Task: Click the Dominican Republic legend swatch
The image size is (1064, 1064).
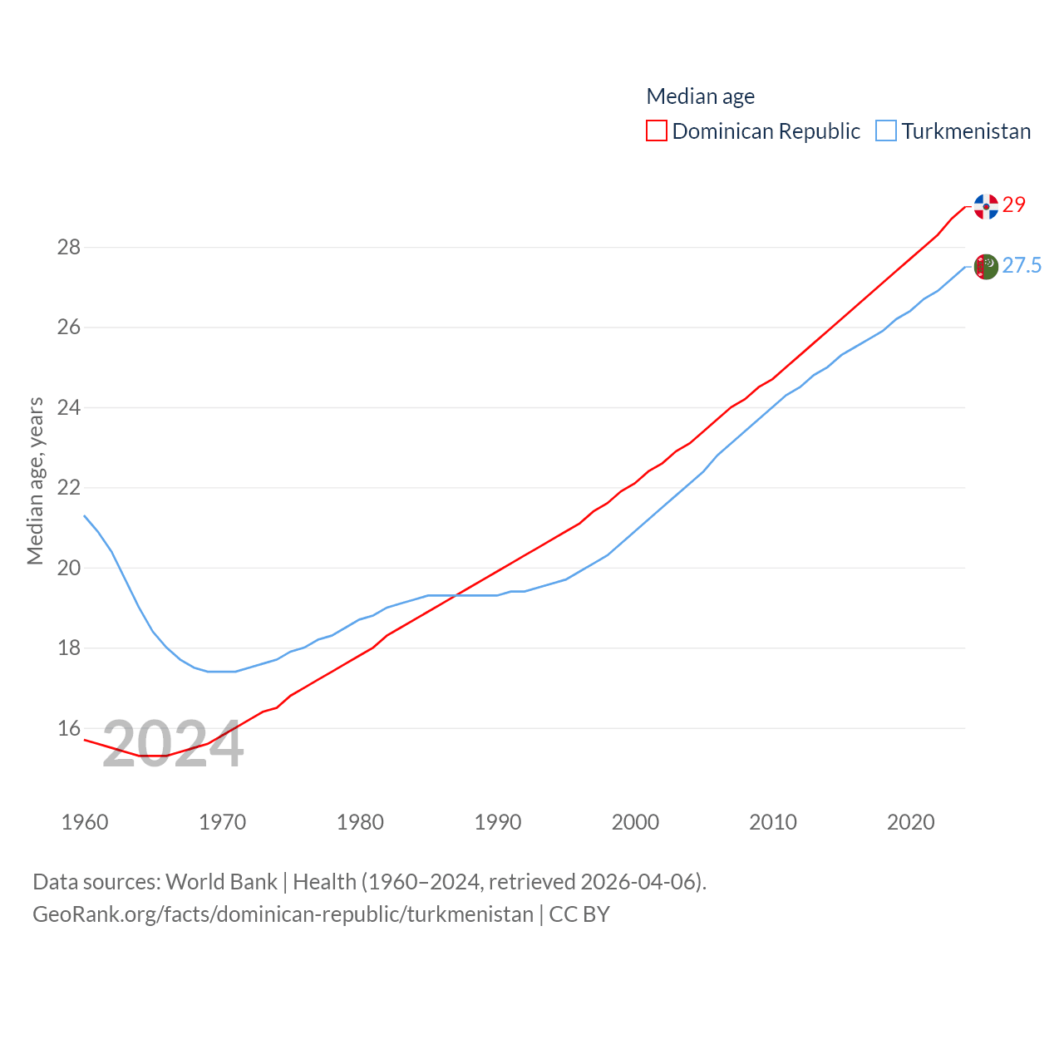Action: (657, 131)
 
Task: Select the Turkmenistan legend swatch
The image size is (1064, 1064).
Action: (886, 131)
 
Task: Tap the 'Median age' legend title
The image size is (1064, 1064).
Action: (701, 96)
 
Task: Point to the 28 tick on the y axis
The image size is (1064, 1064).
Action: (69, 247)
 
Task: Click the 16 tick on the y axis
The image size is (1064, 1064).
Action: (69, 728)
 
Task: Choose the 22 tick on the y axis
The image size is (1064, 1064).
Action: (69, 487)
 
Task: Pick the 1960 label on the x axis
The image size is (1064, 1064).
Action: (85, 822)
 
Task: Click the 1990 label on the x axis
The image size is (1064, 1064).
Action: (498, 822)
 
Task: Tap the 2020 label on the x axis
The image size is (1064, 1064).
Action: (911, 822)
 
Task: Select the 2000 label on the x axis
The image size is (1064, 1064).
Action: (635, 822)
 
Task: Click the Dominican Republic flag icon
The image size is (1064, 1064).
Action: (986, 206)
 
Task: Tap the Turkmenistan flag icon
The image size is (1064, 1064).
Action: (986, 267)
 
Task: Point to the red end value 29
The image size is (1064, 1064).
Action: (1014, 204)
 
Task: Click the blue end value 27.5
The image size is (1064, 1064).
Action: (1022, 265)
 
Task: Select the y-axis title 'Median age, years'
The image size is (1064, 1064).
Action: (35, 481)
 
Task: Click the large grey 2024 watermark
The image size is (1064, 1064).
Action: (173, 745)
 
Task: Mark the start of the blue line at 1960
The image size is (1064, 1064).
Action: (85, 515)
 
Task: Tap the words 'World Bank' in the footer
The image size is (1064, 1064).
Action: (221, 881)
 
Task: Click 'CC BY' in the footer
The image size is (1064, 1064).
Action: (579, 914)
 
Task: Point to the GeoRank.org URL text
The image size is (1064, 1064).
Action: (283, 914)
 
